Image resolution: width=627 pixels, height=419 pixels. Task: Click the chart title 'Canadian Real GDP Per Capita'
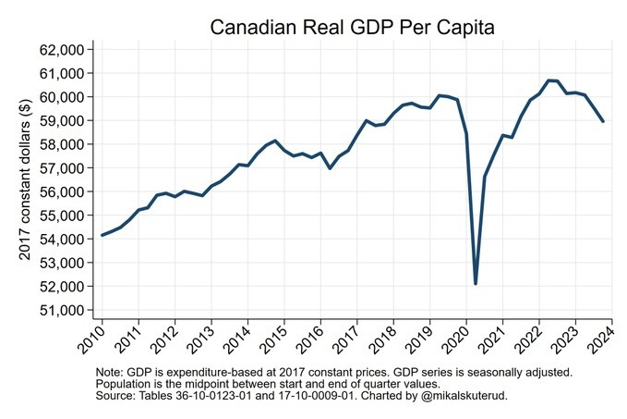(x=353, y=28)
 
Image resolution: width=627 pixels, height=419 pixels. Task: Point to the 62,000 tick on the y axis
(x=60, y=49)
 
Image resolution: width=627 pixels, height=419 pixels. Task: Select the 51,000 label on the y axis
(x=60, y=310)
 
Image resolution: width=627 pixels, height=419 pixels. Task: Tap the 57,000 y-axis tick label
(x=60, y=167)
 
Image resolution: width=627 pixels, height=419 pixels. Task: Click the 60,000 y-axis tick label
(x=60, y=96)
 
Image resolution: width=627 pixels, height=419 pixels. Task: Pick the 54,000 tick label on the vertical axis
(x=60, y=239)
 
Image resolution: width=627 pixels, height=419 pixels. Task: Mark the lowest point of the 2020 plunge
(x=475, y=283)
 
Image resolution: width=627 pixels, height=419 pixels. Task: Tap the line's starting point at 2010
(x=102, y=235)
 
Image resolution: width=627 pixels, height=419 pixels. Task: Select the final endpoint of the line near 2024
(x=603, y=121)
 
